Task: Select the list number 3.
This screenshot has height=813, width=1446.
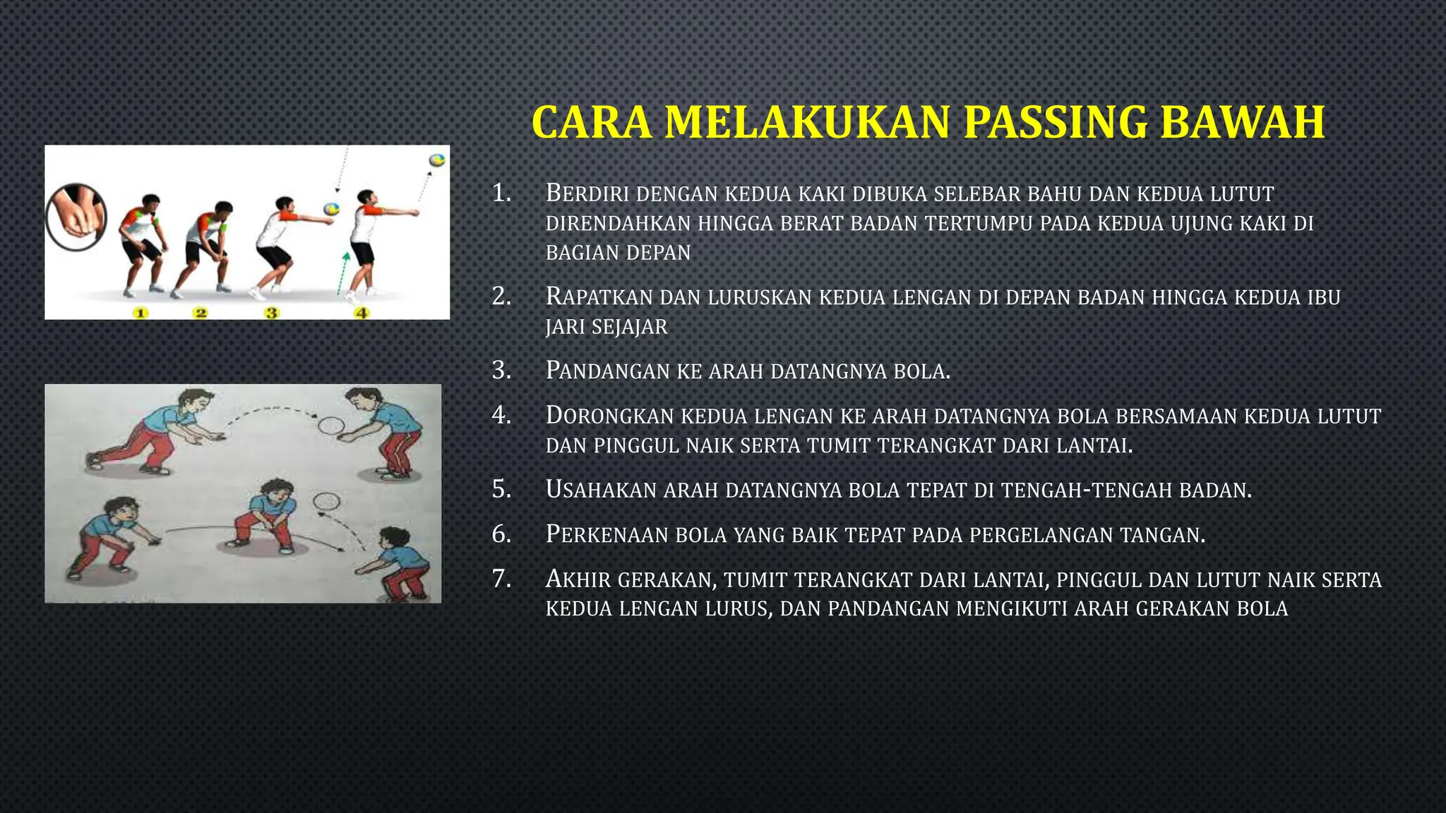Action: [x=501, y=370]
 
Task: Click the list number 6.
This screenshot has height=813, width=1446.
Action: [x=501, y=534]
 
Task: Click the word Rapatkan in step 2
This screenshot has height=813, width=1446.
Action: [x=599, y=297]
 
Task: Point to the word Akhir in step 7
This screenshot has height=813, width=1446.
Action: [x=578, y=579]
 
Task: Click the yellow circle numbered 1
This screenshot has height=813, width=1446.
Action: [x=141, y=313]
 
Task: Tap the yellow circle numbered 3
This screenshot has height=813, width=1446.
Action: [x=272, y=313]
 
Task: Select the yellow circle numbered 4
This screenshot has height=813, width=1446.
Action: [x=361, y=313]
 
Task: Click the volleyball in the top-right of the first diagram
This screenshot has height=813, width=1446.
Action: [x=438, y=159]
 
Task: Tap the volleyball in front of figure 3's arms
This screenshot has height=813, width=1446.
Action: [x=330, y=210]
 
